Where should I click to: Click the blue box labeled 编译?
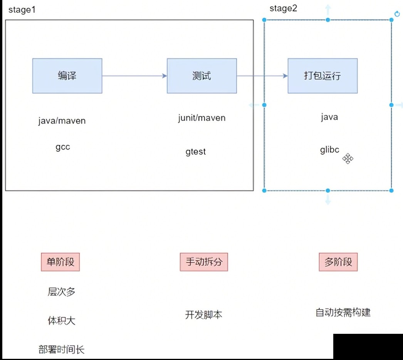[67, 76]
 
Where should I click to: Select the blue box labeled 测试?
[201, 76]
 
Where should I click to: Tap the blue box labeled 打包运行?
[322, 76]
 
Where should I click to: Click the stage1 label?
[22, 10]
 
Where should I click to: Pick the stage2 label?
[283, 8]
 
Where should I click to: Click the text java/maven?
[62, 121]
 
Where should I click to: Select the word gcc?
[63, 147]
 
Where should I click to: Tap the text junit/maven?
[201, 118]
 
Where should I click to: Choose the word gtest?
[196, 152]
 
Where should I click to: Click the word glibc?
[329, 150]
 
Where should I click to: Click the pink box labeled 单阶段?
[60, 262]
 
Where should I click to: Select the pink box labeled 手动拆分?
[204, 262]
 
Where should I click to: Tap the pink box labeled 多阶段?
[338, 262]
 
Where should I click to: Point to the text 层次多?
[62, 292]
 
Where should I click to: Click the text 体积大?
[62, 321]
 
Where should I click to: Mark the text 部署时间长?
[61, 350]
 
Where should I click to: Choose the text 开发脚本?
[204, 315]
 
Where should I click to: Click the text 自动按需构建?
[343, 312]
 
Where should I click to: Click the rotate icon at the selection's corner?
[397, 14]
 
